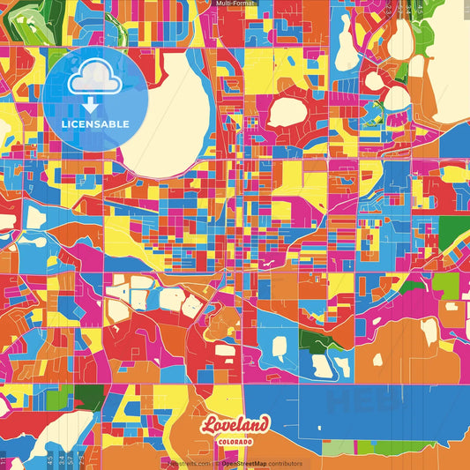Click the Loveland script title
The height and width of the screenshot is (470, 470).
[234, 424]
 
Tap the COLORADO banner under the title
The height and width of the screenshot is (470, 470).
[235, 440]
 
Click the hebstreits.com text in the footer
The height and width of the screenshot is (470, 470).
[190, 464]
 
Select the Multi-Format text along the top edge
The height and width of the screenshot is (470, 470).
[235, 4]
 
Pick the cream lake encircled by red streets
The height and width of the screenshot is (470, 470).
[287, 112]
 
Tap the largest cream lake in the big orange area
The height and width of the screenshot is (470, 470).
[429, 331]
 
